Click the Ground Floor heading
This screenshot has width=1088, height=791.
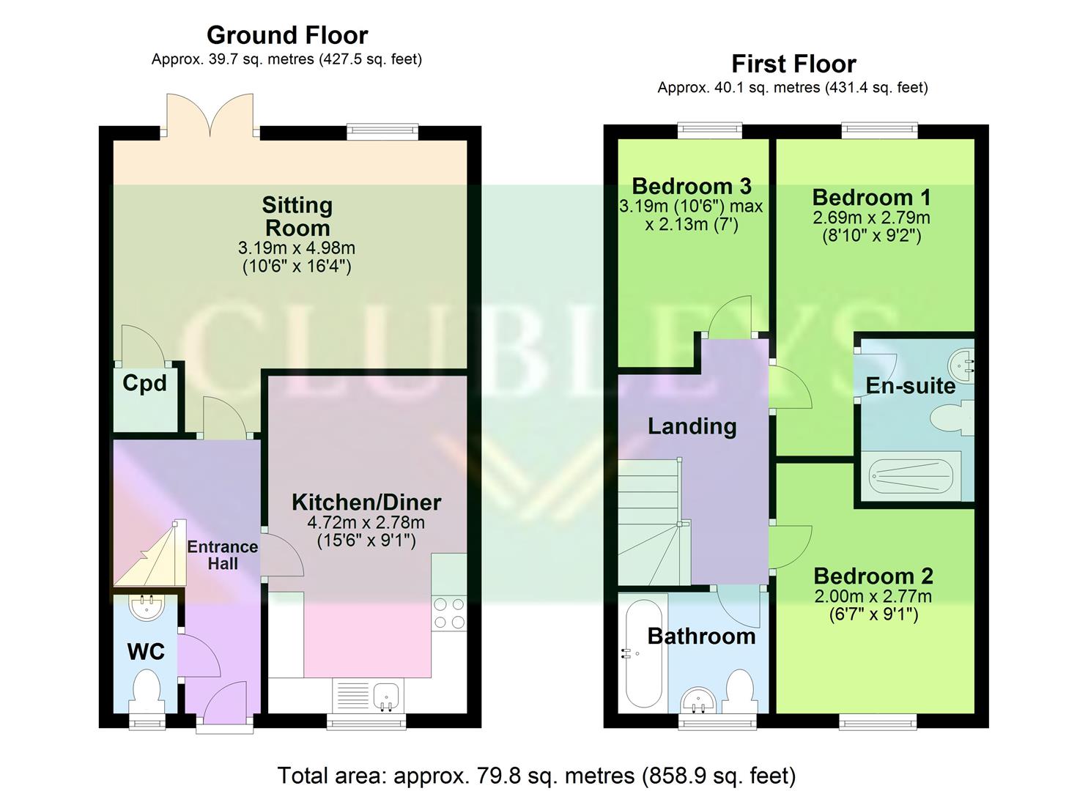pyautogui.click(x=287, y=35)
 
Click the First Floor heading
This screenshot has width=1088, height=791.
pyautogui.click(x=793, y=64)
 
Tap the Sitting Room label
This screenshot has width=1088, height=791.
pyautogui.click(x=297, y=216)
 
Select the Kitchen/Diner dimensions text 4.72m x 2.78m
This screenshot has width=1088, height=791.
pyautogui.click(x=366, y=523)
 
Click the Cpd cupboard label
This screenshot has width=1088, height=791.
pyautogui.click(x=144, y=383)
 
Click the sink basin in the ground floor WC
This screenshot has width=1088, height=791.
pyautogui.click(x=146, y=607)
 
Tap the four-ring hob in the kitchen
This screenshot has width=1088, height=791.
pyautogui.click(x=449, y=614)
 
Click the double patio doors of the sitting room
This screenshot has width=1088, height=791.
pyautogui.click(x=211, y=116)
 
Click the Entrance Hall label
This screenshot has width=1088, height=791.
pyautogui.click(x=222, y=555)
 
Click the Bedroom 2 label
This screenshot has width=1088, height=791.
pyautogui.click(x=873, y=576)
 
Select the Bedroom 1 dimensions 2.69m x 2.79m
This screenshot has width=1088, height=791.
pyautogui.click(x=871, y=218)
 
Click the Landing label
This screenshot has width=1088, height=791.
pyautogui.click(x=692, y=426)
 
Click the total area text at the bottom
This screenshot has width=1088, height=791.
pyautogui.click(x=536, y=775)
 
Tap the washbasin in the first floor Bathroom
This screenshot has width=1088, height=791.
pyautogui.click(x=700, y=700)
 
